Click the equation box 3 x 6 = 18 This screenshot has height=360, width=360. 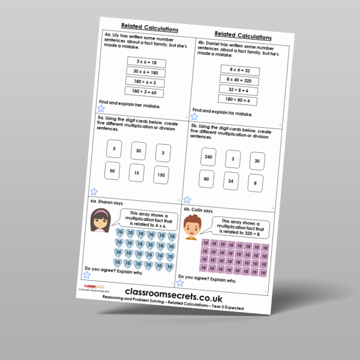(146, 62)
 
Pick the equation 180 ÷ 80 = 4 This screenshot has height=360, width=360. (238, 99)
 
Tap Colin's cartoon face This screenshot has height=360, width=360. (191, 227)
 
